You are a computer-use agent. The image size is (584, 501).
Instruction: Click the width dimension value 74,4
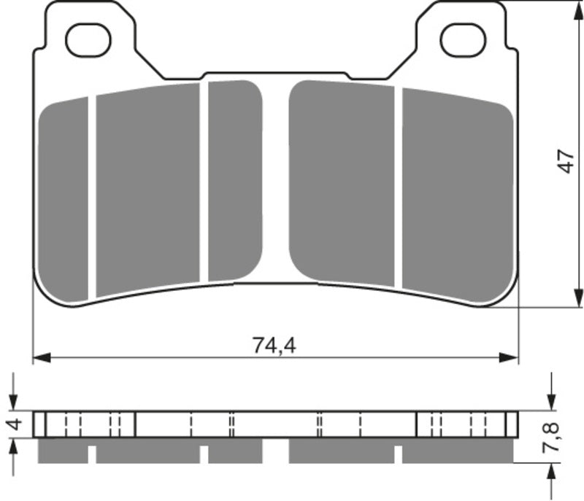pos(274,346)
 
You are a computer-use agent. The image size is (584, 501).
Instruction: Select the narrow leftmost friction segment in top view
pos(64,201)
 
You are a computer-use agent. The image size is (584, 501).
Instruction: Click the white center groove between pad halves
pos(276,182)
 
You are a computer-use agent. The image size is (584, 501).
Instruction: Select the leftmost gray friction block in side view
pos(62,452)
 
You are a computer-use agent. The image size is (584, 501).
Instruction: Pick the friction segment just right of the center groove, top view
pos(342,182)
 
